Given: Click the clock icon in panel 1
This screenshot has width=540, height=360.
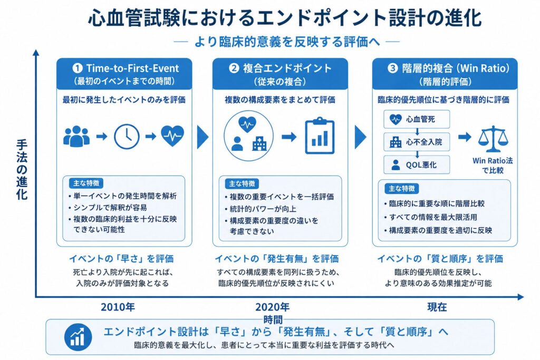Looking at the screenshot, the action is click(x=127, y=137).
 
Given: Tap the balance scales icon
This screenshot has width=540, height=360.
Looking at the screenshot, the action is click(x=493, y=139).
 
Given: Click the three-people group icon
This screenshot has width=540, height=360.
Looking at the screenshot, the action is click(x=76, y=137).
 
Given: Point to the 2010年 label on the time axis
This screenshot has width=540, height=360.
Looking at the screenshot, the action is click(x=118, y=307).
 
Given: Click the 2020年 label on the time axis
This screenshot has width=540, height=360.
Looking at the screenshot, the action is click(x=273, y=307).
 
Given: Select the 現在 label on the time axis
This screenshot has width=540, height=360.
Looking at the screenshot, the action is click(x=437, y=307).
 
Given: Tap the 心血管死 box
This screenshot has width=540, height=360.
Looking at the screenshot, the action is click(x=417, y=119).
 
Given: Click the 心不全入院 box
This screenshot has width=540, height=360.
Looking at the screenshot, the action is click(x=417, y=142).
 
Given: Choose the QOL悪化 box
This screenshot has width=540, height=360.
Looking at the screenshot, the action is click(x=417, y=164).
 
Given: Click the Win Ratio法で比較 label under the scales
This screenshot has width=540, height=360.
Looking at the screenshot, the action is click(x=493, y=165).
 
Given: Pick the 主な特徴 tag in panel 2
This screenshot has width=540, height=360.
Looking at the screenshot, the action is click(x=242, y=184).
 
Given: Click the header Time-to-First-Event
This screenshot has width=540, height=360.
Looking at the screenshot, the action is click(x=132, y=68).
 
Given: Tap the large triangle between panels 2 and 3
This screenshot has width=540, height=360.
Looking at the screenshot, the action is click(x=361, y=137).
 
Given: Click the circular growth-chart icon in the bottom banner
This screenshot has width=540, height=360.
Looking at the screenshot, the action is click(x=78, y=337).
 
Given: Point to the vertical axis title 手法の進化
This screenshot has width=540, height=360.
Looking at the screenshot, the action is click(x=22, y=169).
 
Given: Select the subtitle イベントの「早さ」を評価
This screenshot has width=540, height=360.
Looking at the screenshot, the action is click(x=122, y=258).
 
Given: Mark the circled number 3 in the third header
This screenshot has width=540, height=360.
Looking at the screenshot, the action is click(x=392, y=68).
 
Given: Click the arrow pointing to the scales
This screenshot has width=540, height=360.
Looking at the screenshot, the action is click(x=465, y=137).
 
